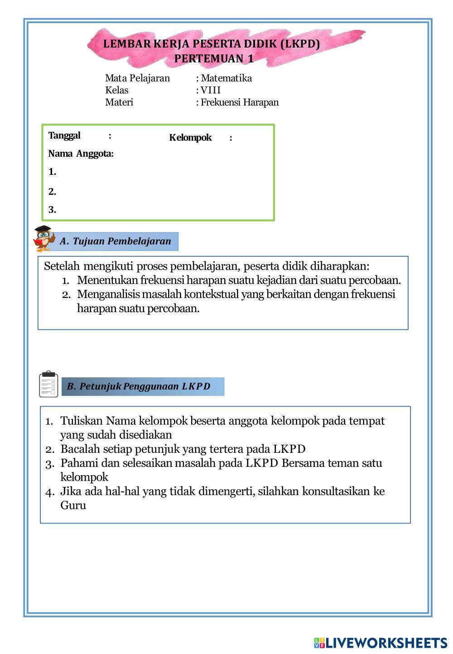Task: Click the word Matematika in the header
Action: pyautogui.click(x=226, y=78)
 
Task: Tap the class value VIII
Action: pyautogui.click(x=211, y=90)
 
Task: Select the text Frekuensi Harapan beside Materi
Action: pyautogui.click(x=240, y=102)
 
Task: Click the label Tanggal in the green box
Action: pyautogui.click(x=64, y=135)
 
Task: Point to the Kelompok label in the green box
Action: pyautogui.click(x=190, y=138)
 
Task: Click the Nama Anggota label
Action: pyautogui.click(x=81, y=154)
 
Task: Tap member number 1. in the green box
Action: pyautogui.click(x=53, y=172)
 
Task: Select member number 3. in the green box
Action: pyautogui.click(x=53, y=210)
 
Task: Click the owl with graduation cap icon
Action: pyautogui.click(x=44, y=238)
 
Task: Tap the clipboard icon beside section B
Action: pyautogui.click(x=48, y=384)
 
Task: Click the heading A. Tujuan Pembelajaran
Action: pyautogui.click(x=116, y=241)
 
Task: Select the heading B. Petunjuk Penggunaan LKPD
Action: pyautogui.click(x=139, y=386)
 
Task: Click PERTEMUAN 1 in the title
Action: pyautogui.click(x=214, y=58)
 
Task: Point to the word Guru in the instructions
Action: pyautogui.click(x=73, y=505)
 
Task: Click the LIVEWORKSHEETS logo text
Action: pyautogui.click(x=386, y=643)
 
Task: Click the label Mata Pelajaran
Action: pyautogui.click(x=137, y=78)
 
